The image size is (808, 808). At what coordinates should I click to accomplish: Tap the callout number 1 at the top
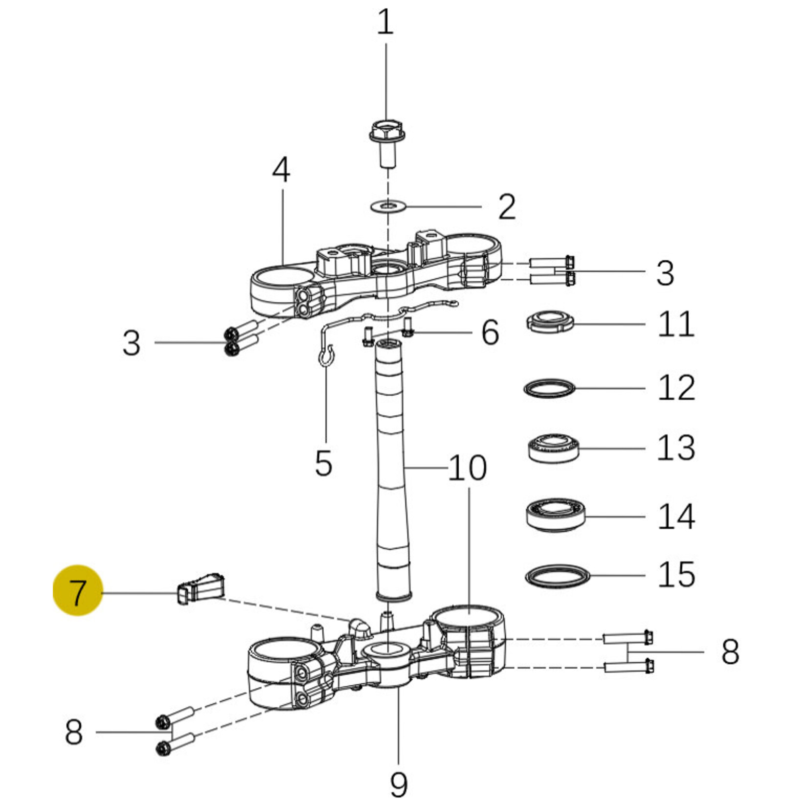(x=385, y=22)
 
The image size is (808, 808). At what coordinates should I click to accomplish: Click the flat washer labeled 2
(x=388, y=206)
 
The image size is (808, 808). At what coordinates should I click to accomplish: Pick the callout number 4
(x=281, y=170)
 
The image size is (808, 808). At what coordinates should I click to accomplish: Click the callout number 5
(x=324, y=463)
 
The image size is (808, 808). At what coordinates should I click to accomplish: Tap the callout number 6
(x=490, y=332)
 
